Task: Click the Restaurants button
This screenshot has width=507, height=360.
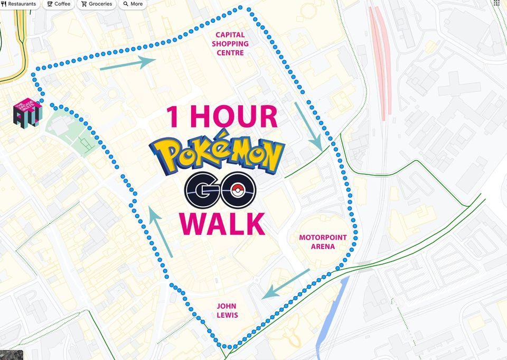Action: click(19, 4)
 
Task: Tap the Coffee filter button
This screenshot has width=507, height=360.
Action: click(58, 4)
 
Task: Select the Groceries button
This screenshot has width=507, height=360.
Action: click(97, 4)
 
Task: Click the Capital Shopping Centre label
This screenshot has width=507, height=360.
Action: click(230, 44)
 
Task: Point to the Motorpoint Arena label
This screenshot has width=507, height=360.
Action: click(323, 242)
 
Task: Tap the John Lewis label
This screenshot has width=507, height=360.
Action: click(227, 310)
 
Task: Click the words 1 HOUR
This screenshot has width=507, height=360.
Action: click(222, 117)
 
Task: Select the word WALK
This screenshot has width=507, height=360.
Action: click(222, 223)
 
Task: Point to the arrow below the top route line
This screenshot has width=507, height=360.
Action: click(128, 63)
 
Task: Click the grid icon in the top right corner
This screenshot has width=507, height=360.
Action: click(496, 3)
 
